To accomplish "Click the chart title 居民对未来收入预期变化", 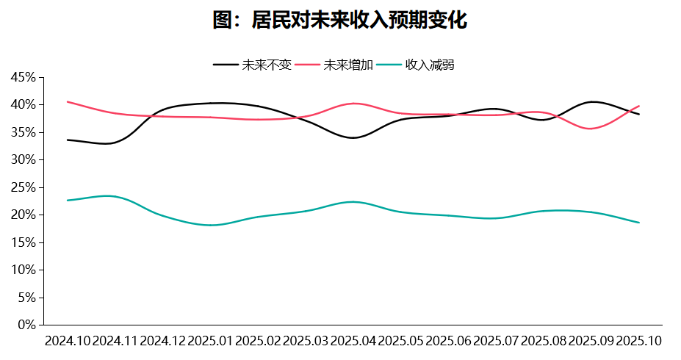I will click(340, 20).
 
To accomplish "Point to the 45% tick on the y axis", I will click(23, 77).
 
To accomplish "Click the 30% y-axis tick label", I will click(23, 159).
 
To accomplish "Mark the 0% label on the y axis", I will click(26, 324).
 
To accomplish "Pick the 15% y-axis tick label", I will click(23, 242).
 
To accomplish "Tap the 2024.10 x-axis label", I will click(68, 341).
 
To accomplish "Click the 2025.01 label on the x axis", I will click(211, 341).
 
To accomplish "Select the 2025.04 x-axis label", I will click(353, 341).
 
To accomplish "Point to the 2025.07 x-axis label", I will click(497, 341).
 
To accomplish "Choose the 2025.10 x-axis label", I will click(639, 341).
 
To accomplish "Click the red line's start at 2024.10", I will click(68, 101).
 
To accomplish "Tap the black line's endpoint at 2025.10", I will click(639, 114).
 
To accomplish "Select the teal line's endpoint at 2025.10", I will click(639, 223).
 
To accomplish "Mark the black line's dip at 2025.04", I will click(353, 137).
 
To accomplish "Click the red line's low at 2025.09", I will click(591, 129).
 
